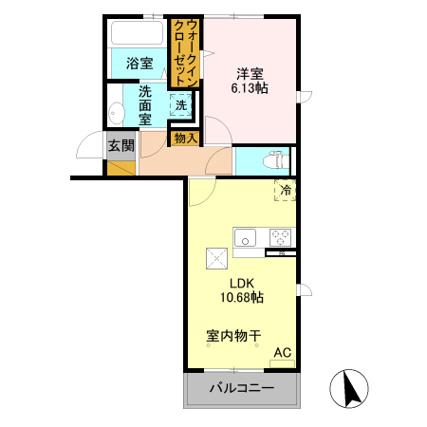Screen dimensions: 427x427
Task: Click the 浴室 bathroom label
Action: pyautogui.click(x=139, y=64)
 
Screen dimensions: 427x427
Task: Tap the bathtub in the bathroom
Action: pyautogui.click(x=138, y=32)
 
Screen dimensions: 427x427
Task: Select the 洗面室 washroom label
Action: pyautogui.click(x=145, y=105)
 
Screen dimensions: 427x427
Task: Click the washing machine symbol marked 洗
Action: pyautogui.click(x=181, y=104)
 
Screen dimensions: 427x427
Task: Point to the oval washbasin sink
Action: pyautogui.click(x=116, y=113)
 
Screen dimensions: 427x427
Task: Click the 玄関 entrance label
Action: pyautogui.click(x=121, y=146)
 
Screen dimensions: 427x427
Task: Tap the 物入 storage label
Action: pyautogui.click(x=186, y=139)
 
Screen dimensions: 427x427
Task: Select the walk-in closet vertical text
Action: pyautogui.click(x=186, y=53)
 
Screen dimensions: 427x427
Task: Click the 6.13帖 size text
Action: pyautogui.click(x=250, y=88)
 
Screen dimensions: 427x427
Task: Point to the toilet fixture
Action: pyautogui.click(x=276, y=161)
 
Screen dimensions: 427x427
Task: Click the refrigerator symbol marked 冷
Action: pyautogui.click(x=285, y=190)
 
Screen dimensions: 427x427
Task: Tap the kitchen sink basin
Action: pyautogui.click(x=245, y=237)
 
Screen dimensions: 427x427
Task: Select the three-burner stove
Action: pyautogui.click(x=280, y=237)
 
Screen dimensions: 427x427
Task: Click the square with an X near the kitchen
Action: pyautogui.click(x=216, y=258)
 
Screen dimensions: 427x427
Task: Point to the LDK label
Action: pyautogui.click(x=242, y=284)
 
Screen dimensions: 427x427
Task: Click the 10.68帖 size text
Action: pyautogui.click(x=242, y=297)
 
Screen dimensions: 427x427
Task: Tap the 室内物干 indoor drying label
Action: pyautogui.click(x=233, y=336)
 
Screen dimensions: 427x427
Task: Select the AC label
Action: pyautogui.click(x=283, y=352)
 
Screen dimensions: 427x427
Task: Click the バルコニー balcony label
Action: pyautogui.click(x=242, y=388)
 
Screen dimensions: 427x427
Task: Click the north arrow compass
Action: pyautogui.click(x=349, y=388)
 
